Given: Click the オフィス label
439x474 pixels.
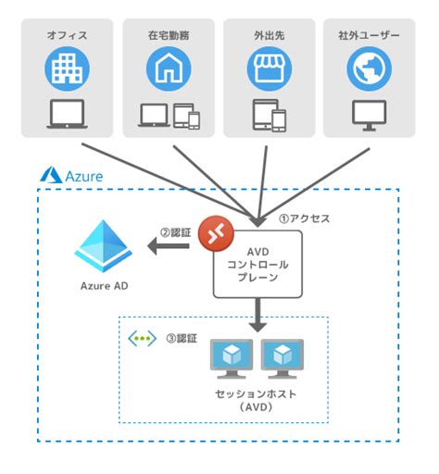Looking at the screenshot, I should pos(67,35).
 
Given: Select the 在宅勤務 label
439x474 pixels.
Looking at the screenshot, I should pos(167,35).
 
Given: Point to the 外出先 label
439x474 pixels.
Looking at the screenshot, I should pos(269,35).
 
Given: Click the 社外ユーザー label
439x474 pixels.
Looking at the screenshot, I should pos(370,35).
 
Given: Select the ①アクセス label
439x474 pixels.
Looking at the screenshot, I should pos(304,220).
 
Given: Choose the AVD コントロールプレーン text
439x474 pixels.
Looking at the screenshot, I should pos(258,264).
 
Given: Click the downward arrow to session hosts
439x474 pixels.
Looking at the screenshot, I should pos(258,316).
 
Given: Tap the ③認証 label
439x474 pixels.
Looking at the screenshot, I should pos(181,339).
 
